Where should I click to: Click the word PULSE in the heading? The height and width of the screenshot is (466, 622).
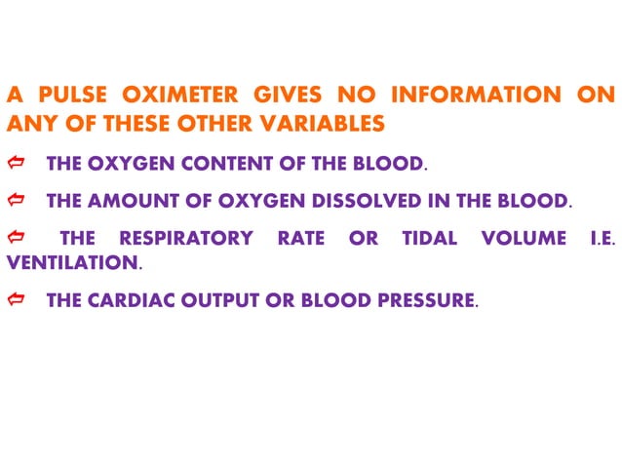point(70,97)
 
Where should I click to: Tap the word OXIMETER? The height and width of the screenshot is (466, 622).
point(173,97)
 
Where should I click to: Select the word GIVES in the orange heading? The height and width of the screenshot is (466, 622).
point(286,97)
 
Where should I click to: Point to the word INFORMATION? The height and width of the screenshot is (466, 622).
point(475,97)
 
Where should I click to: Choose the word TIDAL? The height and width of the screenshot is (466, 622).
point(429,239)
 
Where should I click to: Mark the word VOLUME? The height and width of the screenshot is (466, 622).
point(524,239)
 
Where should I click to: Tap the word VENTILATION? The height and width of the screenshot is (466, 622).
point(72,263)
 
